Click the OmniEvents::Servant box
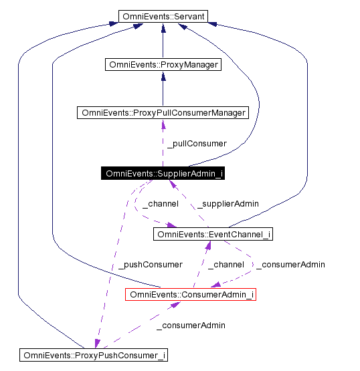pos(163,15)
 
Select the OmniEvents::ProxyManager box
pos(163,65)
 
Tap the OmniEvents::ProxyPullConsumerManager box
pos(163,112)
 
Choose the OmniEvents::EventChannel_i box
pos(213,234)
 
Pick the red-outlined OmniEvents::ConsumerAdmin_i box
pos(191,294)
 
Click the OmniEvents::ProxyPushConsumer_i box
pos(93,354)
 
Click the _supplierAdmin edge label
pos(227,203)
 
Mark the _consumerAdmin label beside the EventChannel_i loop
pos(290,264)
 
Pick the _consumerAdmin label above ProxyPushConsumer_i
pos(191,325)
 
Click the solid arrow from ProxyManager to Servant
pos(163,40)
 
